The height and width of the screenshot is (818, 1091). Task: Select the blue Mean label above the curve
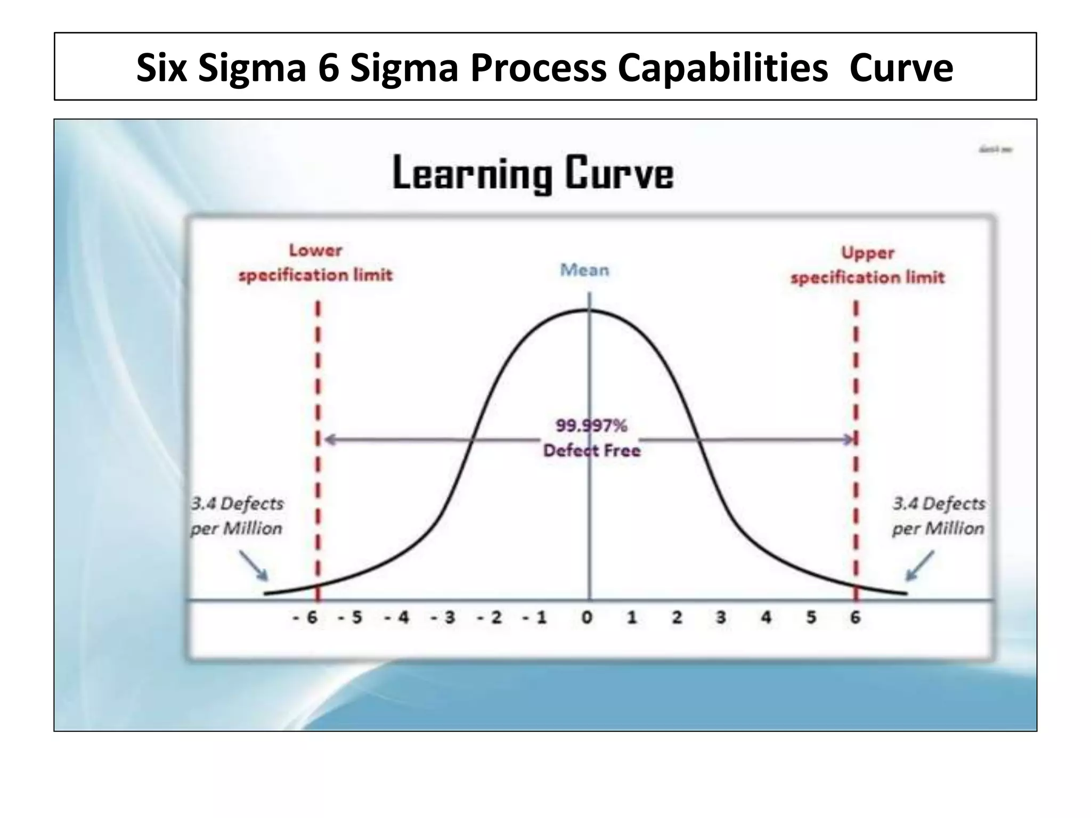(x=584, y=270)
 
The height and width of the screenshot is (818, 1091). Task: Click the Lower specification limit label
(x=315, y=263)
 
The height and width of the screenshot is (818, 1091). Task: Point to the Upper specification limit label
(x=867, y=265)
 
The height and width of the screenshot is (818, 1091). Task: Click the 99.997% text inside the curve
(x=591, y=426)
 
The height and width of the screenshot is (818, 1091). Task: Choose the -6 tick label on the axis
(x=305, y=618)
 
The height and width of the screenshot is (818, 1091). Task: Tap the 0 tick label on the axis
(x=587, y=618)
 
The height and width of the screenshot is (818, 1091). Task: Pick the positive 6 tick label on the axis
(x=855, y=618)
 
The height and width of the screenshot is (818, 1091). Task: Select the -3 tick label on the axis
(x=443, y=618)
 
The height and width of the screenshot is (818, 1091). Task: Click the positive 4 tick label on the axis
(x=766, y=618)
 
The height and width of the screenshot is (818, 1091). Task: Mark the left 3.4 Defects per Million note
(x=237, y=516)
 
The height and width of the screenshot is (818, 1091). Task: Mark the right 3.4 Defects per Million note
(x=939, y=516)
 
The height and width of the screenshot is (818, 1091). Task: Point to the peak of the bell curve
(x=589, y=310)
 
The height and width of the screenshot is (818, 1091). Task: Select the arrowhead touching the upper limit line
(x=847, y=439)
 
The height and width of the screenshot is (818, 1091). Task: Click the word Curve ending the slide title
(x=901, y=68)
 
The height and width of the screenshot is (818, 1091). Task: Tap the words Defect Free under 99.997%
(x=591, y=451)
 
